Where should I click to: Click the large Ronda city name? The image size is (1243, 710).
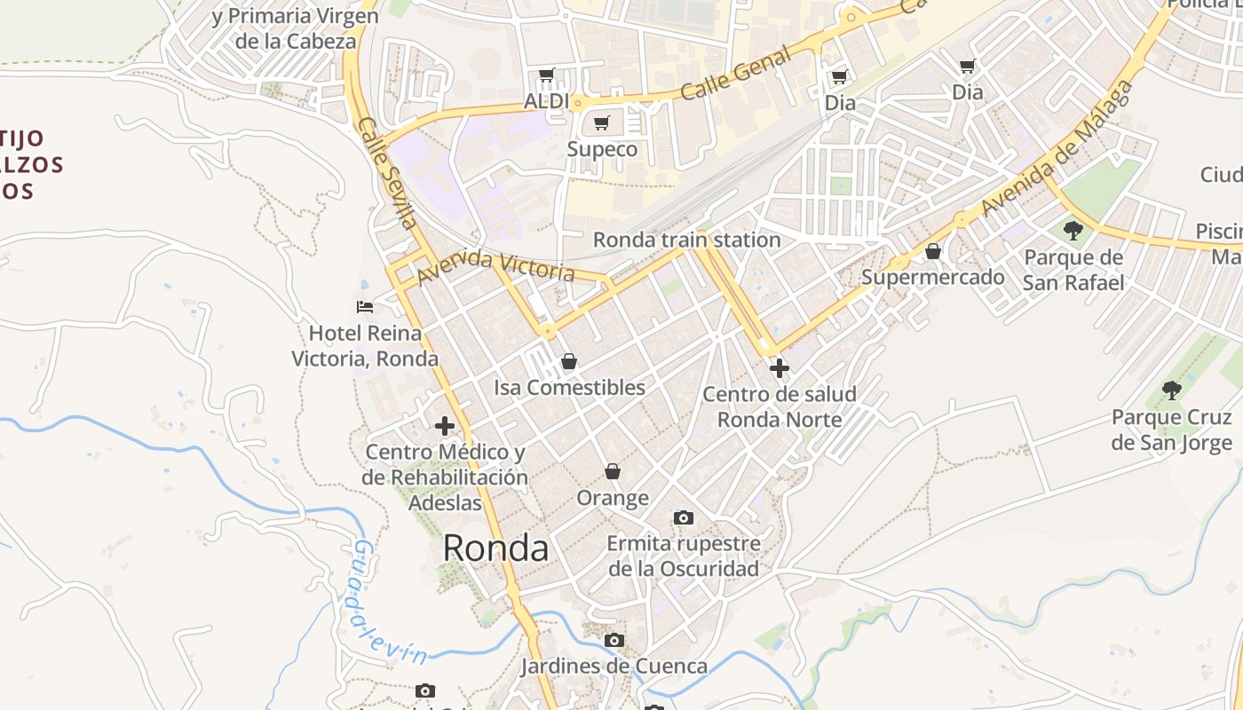[x=495, y=548]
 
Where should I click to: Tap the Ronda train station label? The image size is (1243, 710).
[x=686, y=240]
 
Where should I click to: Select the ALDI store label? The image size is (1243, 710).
[x=546, y=101]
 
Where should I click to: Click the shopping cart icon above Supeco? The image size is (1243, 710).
[x=602, y=122]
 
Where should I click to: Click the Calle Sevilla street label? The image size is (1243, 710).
[x=388, y=172]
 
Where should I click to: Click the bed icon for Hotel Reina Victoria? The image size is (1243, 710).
[x=365, y=307]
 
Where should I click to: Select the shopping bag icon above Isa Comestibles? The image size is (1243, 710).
[x=569, y=361]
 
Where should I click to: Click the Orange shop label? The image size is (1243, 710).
[x=613, y=498]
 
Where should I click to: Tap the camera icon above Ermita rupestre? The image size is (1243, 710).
[x=683, y=517]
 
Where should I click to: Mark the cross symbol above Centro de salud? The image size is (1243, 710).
[x=780, y=367]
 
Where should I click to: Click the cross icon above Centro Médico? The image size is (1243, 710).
[x=445, y=426]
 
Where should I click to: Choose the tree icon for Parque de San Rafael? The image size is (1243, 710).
[x=1073, y=231]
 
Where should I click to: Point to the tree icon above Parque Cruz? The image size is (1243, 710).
[x=1172, y=390]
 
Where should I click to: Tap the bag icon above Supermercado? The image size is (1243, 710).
[x=933, y=251]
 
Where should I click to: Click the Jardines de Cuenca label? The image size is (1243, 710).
[x=614, y=666]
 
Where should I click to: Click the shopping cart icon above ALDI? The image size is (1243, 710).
[x=546, y=75]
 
